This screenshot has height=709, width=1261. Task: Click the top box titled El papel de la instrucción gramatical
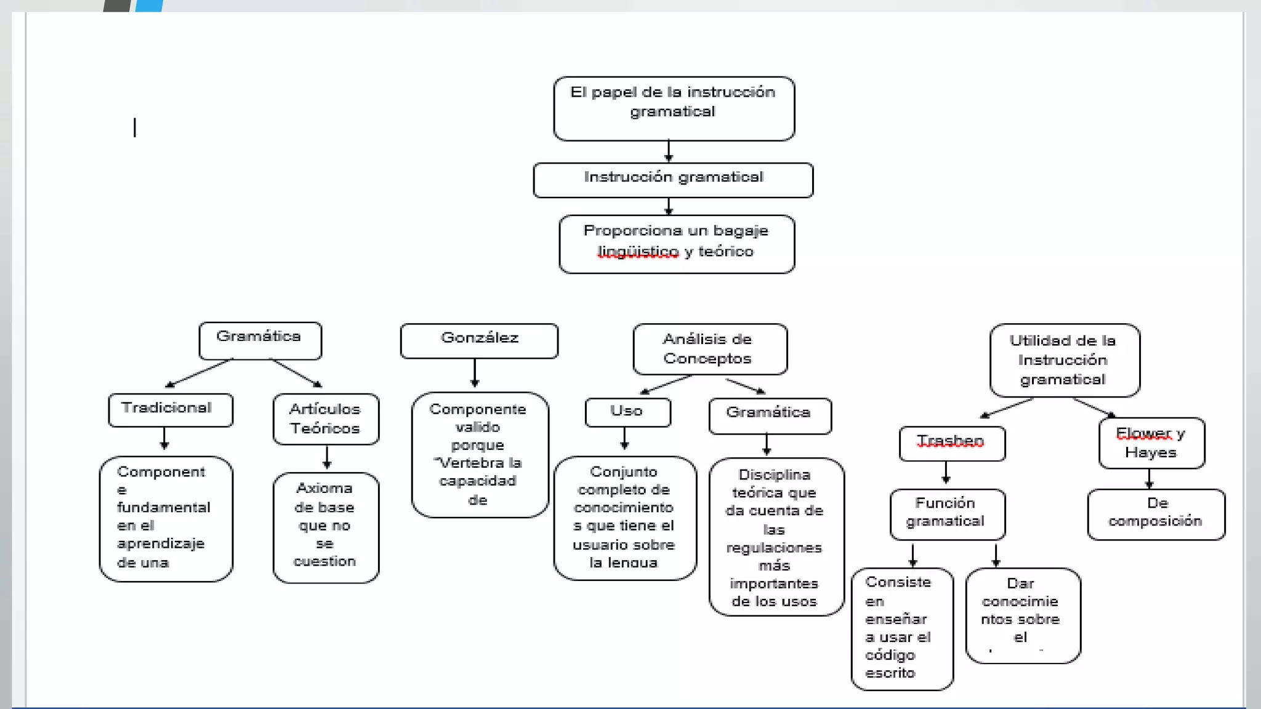click(674, 108)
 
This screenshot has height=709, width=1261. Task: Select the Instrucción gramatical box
click(673, 180)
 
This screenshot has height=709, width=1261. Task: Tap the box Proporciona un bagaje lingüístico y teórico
click(677, 244)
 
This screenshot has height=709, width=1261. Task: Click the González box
click(479, 341)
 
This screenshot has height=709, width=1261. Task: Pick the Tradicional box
click(171, 410)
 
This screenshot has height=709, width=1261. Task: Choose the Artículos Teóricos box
click(326, 419)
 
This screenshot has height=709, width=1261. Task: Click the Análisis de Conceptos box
click(710, 349)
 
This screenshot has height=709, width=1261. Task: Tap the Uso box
click(628, 412)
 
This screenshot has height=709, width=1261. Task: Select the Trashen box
click(952, 443)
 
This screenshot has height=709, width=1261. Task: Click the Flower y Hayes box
click(1151, 443)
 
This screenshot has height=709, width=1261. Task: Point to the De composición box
click(1156, 515)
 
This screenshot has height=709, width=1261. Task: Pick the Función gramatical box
click(948, 515)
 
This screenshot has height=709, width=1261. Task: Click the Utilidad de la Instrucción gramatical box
click(1065, 360)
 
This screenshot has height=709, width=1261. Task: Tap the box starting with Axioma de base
click(326, 527)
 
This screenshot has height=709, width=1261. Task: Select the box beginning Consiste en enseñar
click(902, 629)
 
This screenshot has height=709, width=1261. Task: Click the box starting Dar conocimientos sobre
click(1023, 615)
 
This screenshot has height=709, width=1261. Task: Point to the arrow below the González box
click(475, 372)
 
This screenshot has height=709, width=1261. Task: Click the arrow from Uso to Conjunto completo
click(624, 438)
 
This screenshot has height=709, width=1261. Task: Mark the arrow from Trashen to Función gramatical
click(946, 473)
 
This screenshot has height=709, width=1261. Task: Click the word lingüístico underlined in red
click(639, 252)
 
